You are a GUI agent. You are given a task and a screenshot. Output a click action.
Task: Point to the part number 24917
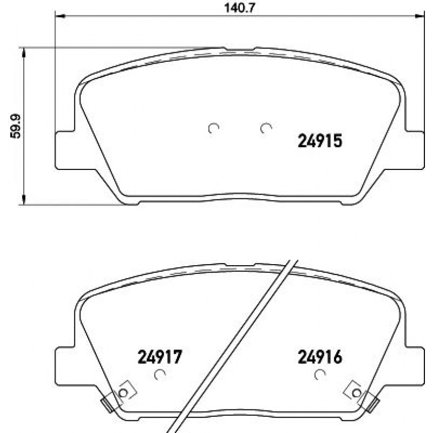[160, 356]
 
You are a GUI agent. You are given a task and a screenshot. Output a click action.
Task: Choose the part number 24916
[320, 356]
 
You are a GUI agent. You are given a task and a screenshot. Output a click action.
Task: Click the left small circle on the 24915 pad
[214, 128]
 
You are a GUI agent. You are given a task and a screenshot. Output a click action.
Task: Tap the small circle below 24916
[320, 375]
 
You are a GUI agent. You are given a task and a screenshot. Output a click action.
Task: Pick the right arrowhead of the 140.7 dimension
[416, 16]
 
